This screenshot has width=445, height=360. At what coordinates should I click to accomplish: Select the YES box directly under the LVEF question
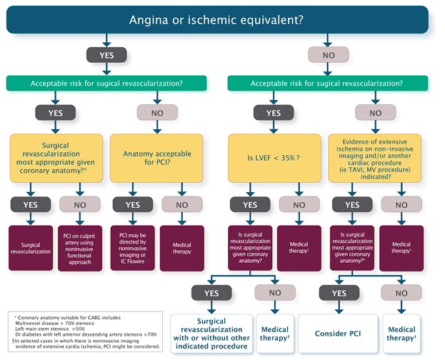coord(250,204)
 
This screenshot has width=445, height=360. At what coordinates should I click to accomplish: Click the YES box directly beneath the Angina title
coord(106,54)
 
